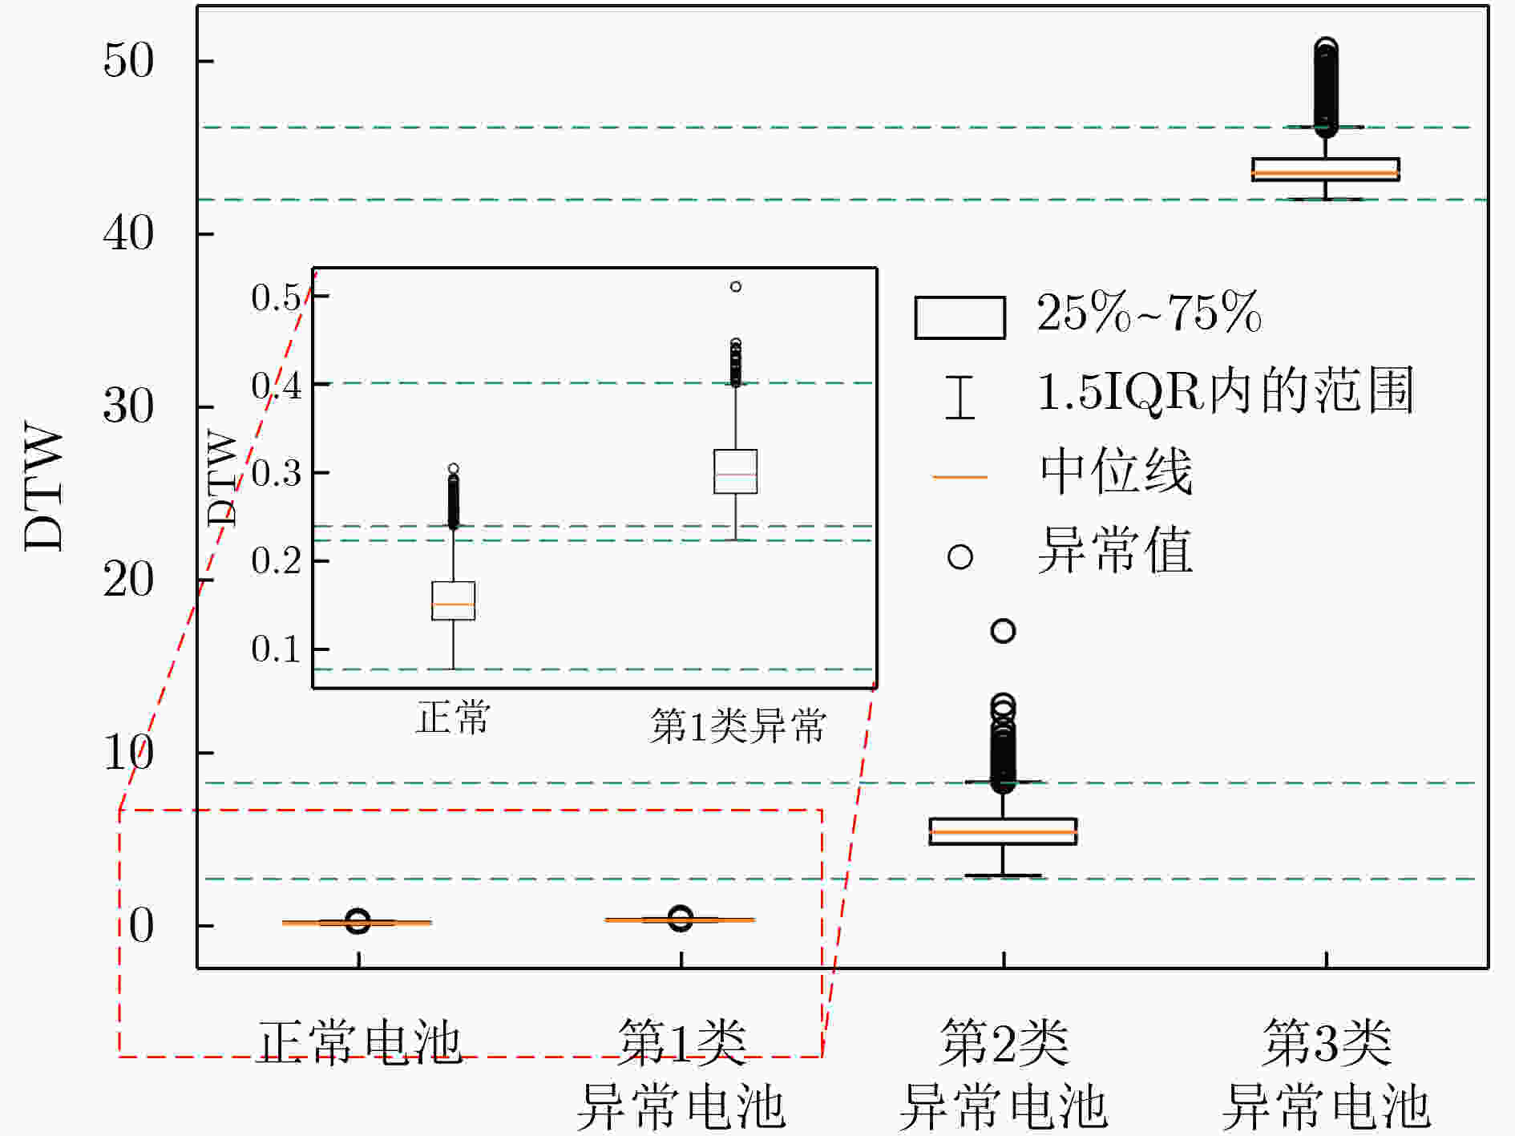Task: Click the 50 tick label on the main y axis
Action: tap(128, 61)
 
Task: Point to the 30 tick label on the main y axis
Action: tap(128, 406)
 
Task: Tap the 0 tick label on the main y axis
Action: tap(141, 926)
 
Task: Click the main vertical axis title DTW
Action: tap(44, 487)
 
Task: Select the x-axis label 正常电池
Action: tap(360, 1042)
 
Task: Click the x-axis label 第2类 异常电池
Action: tap(1004, 1074)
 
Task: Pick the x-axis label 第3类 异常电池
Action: tap(1327, 1074)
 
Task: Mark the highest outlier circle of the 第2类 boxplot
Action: tap(1004, 631)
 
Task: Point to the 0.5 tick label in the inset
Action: tap(277, 297)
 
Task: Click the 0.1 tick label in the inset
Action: tap(277, 649)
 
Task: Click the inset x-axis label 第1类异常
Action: tap(737, 726)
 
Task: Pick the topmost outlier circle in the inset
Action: tap(736, 286)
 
